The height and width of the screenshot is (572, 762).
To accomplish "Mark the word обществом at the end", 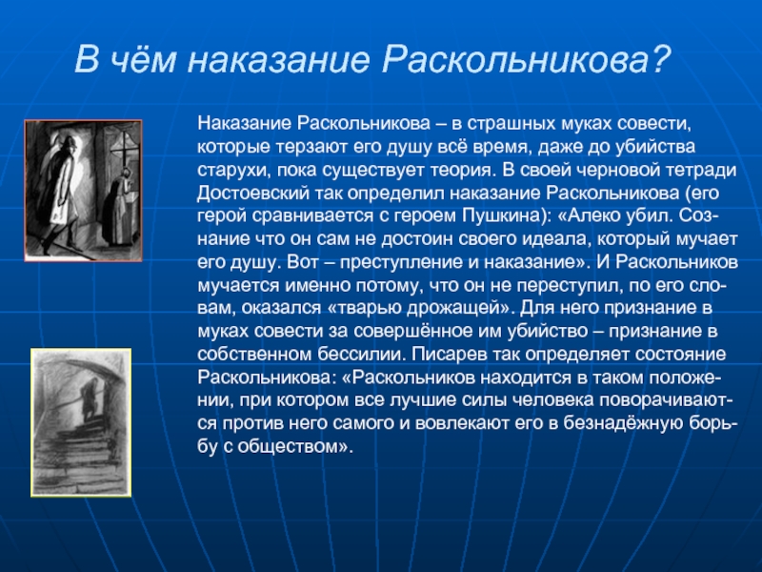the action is (x=295, y=446).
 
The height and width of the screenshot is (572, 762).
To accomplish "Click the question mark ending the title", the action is (x=659, y=59).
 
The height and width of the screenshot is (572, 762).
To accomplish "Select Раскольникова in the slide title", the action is (x=514, y=60).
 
